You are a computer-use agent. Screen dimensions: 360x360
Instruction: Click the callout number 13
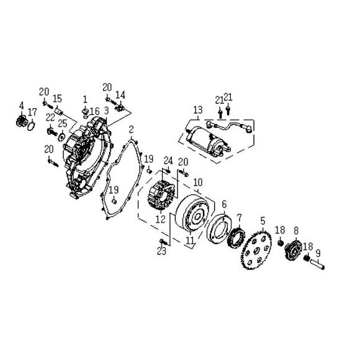coord(197,111)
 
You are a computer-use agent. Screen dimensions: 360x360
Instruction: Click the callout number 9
coord(318,253)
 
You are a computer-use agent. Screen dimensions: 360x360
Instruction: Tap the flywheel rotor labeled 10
coord(198,215)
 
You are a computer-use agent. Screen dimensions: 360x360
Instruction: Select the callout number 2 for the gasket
coord(132,129)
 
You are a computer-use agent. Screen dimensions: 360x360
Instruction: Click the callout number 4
coord(21,105)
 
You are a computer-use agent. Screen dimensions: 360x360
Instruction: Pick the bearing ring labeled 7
coord(235,238)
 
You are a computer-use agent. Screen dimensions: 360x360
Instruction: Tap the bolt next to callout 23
coord(163,241)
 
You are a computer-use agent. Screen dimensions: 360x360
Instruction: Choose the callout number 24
coord(168,161)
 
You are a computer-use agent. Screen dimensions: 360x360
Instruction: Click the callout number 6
coord(223,204)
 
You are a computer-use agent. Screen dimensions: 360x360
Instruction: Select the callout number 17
coord(33,112)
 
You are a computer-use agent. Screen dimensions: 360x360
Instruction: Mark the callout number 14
coord(120,94)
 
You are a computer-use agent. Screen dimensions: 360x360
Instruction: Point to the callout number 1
coord(85,99)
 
